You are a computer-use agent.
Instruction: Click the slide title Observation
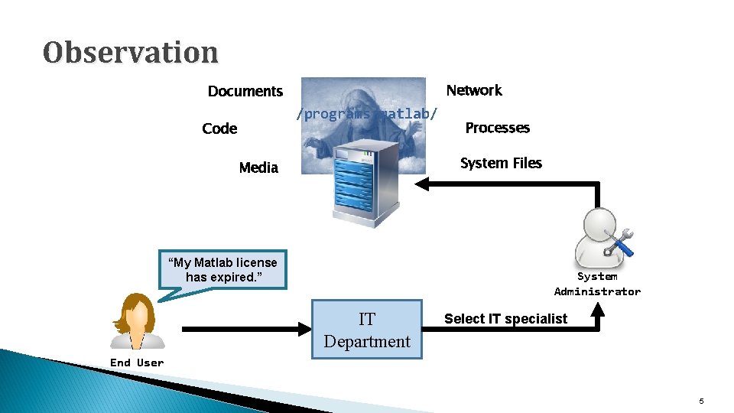pyautogui.click(x=131, y=52)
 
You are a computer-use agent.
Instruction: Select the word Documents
pyautogui.click(x=245, y=92)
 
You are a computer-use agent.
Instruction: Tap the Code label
pyautogui.click(x=219, y=128)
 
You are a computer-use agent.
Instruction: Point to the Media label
pyautogui.click(x=258, y=167)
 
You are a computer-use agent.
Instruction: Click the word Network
pyautogui.click(x=474, y=90)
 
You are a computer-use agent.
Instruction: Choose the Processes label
pyautogui.click(x=497, y=128)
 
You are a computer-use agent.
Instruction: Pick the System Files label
pyautogui.click(x=501, y=163)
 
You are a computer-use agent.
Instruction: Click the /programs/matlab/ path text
pyautogui.click(x=368, y=115)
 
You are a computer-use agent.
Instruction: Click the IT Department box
pyautogui.click(x=367, y=330)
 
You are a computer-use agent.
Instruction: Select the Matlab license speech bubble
pyautogui.click(x=222, y=270)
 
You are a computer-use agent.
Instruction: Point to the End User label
pyautogui.click(x=137, y=363)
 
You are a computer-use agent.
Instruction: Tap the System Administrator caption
pyautogui.click(x=597, y=284)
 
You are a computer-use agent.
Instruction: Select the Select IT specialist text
pyautogui.click(x=505, y=319)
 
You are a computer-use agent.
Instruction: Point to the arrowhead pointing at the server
pyautogui.click(x=424, y=184)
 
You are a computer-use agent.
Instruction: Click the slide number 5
pyautogui.click(x=701, y=402)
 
